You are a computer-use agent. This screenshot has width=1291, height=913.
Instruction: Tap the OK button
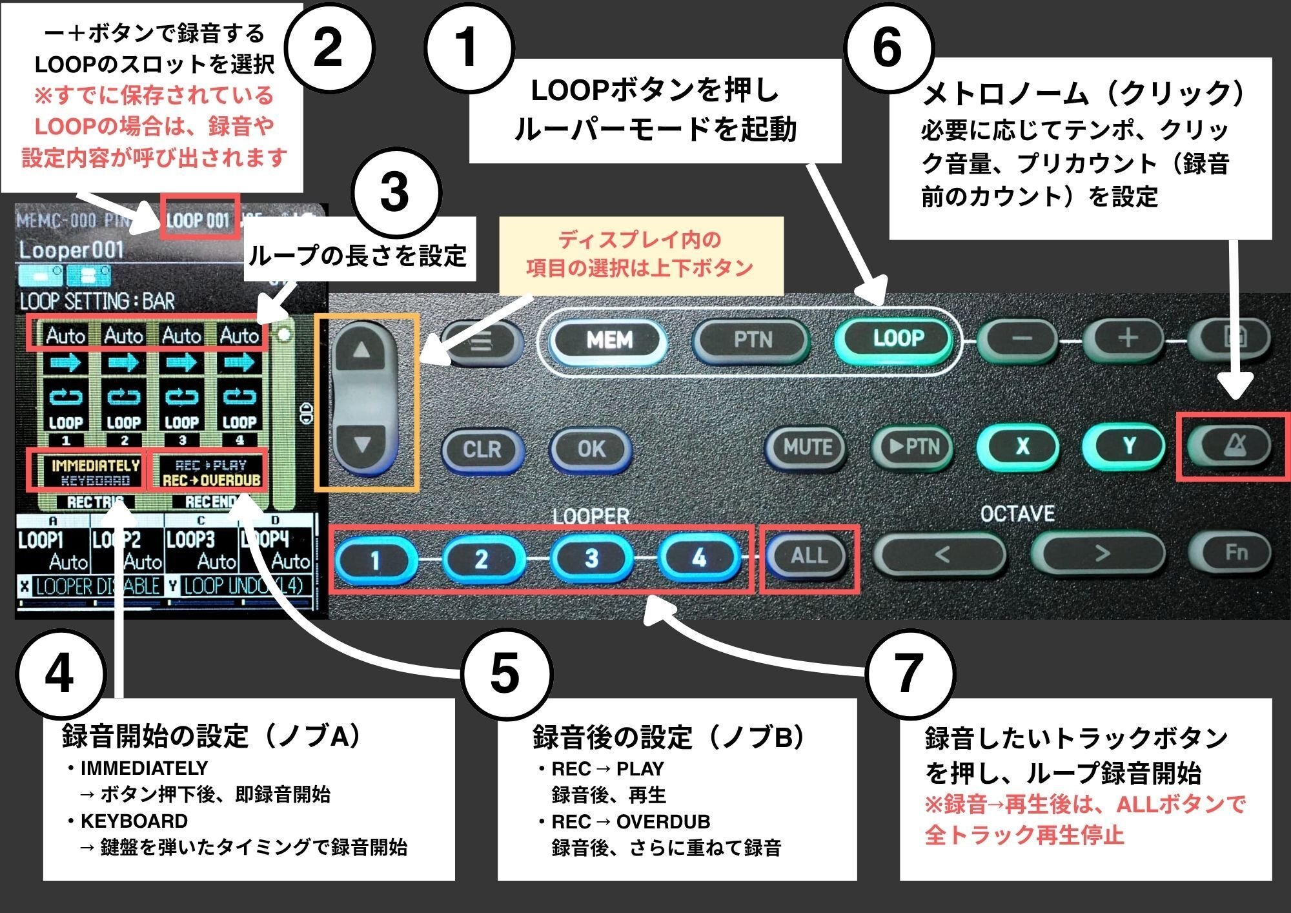click(591, 449)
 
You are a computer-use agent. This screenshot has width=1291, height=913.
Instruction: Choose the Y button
click(1129, 446)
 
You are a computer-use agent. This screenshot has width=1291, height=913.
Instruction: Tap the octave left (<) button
click(942, 554)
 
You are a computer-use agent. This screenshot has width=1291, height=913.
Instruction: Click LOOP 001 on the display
click(199, 221)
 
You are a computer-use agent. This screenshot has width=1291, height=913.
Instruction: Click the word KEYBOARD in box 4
click(134, 821)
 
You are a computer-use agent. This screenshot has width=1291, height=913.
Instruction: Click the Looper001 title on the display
click(71, 251)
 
